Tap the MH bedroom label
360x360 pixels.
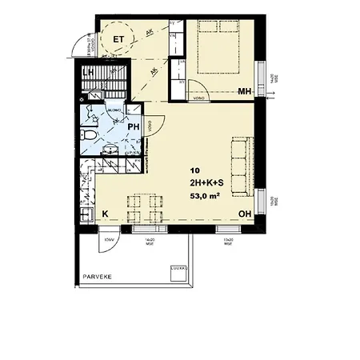click(246, 92)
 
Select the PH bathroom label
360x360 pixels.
click(134, 127)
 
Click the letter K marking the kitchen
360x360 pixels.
click(105, 214)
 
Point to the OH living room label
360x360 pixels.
click(248, 214)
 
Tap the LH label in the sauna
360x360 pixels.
click(92, 73)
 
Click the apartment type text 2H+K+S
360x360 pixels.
click(206, 183)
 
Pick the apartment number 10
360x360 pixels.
click(195, 171)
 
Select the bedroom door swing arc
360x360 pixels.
click(195, 87)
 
